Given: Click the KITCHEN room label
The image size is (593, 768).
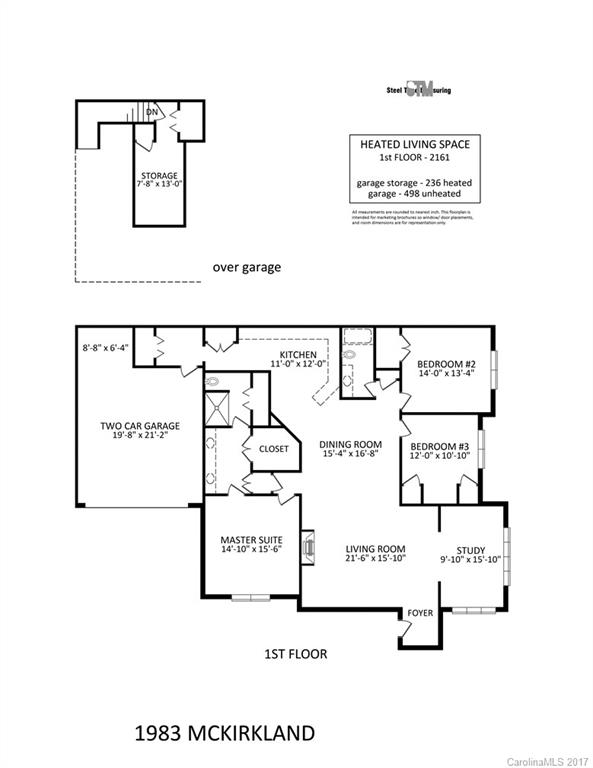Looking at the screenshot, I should pyautogui.click(x=298, y=355).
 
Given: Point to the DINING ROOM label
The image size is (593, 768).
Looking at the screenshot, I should pyautogui.click(x=351, y=444).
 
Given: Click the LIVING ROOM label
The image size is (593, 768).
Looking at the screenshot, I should pyautogui.click(x=375, y=549).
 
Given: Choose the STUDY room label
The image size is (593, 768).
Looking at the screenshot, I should pyautogui.click(x=470, y=549).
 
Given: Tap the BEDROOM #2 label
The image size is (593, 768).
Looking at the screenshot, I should pyautogui.click(x=446, y=364).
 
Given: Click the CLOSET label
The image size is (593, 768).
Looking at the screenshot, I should pyautogui.click(x=273, y=449).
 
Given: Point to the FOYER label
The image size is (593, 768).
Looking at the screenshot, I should pyautogui.click(x=418, y=612).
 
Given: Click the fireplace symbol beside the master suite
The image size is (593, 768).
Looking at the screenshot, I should pyautogui.click(x=309, y=546).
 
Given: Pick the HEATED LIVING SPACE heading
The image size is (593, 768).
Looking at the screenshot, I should pyautogui.click(x=414, y=144).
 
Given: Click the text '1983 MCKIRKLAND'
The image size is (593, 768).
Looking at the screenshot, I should pyautogui.click(x=224, y=733).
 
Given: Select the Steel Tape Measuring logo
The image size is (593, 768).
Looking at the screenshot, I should pyautogui.click(x=417, y=90).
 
